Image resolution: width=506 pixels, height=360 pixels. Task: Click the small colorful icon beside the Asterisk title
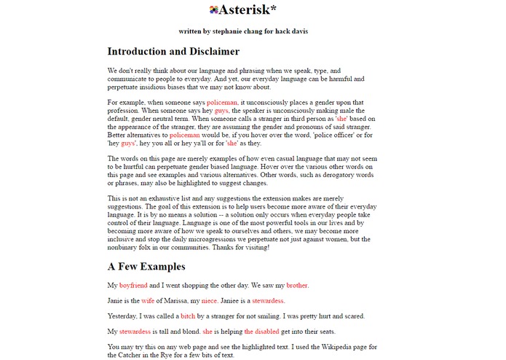click(213, 10)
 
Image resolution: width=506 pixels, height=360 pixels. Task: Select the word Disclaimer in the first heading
click(207, 52)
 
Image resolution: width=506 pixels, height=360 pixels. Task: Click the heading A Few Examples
click(146, 267)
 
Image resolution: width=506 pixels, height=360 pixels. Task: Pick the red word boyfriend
click(134, 285)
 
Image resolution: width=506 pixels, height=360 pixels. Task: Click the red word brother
click(297, 285)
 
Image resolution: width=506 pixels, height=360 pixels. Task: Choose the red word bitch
click(188, 316)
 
